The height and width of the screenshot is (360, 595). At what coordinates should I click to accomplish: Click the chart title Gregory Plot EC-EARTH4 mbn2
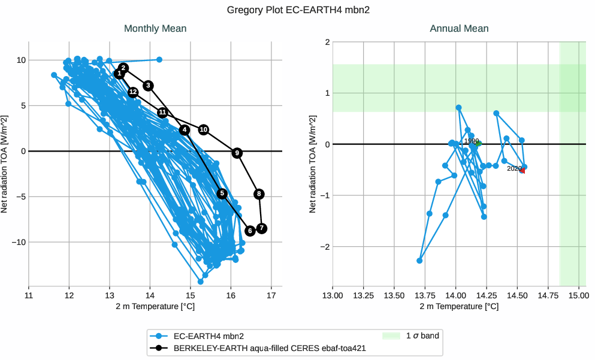coord(298,10)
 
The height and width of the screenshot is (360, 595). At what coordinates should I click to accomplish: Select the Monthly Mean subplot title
coord(155,29)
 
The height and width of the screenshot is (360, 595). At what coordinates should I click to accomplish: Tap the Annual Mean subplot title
coord(459,29)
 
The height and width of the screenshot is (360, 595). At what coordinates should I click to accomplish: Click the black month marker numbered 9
coord(237,153)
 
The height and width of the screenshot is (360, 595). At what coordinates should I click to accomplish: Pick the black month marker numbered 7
coord(261,228)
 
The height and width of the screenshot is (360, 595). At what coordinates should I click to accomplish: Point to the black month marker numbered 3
coord(149,86)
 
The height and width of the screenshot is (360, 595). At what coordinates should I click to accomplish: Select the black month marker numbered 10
coord(204,129)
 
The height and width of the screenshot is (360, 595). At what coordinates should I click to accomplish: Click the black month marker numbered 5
coord(222,193)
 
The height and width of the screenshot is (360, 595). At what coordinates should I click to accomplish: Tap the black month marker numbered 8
coord(259,193)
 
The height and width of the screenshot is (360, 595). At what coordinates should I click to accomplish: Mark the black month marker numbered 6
coord(250,231)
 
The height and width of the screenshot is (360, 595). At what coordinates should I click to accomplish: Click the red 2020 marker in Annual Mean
coord(522,171)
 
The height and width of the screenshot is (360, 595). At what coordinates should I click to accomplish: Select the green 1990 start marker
coord(479,144)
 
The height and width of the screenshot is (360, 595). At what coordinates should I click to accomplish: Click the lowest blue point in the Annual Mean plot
coord(419,261)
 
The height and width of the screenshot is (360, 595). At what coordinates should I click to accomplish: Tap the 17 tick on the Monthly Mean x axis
coord(271,295)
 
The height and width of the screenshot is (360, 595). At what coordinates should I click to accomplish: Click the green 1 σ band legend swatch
coord(391,336)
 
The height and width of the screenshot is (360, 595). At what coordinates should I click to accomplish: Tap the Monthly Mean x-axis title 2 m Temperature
coord(155,306)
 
